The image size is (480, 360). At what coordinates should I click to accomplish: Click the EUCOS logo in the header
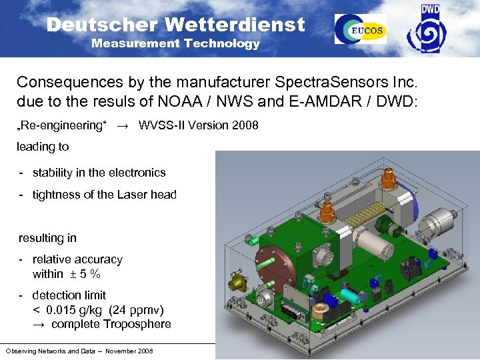(x=360, y=29)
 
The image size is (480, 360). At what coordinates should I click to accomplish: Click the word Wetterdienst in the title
(x=235, y=25)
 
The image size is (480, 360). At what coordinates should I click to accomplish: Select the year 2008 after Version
(x=245, y=126)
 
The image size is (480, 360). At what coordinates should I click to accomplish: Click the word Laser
(x=134, y=195)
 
